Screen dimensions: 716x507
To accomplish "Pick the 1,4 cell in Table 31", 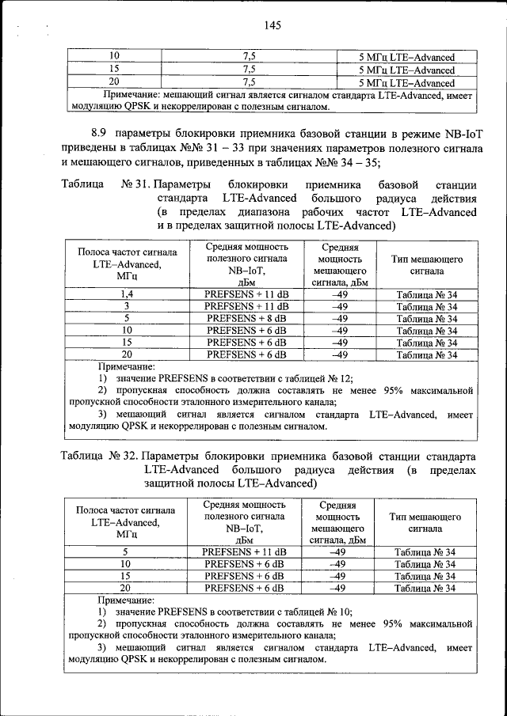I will pos(126,294).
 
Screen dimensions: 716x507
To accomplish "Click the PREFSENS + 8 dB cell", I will pos(246,318).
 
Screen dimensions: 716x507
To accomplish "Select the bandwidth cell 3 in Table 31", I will pos(126,306).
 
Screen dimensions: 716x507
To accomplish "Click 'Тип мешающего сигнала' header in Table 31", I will pos(426,265).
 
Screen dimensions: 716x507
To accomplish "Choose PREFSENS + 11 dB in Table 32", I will pos(245,551).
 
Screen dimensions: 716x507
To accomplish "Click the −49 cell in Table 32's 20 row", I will pos(337,588).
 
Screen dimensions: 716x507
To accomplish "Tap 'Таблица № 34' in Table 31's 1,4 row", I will pos(426,294).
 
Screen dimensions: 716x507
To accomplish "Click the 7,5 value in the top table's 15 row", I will pos(249,70).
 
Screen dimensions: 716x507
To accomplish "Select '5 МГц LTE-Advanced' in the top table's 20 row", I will pos(406,82).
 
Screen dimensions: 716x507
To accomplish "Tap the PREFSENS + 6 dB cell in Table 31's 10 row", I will pos(246,331).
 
